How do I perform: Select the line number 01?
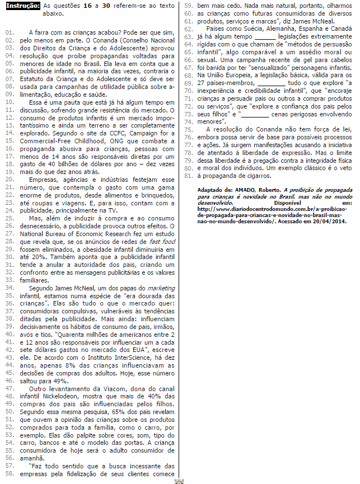pyautogui.click(x=9, y=33)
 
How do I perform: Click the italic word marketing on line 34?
pyautogui.click(x=162, y=287)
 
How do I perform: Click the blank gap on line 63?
pyautogui.click(x=261, y=35)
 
